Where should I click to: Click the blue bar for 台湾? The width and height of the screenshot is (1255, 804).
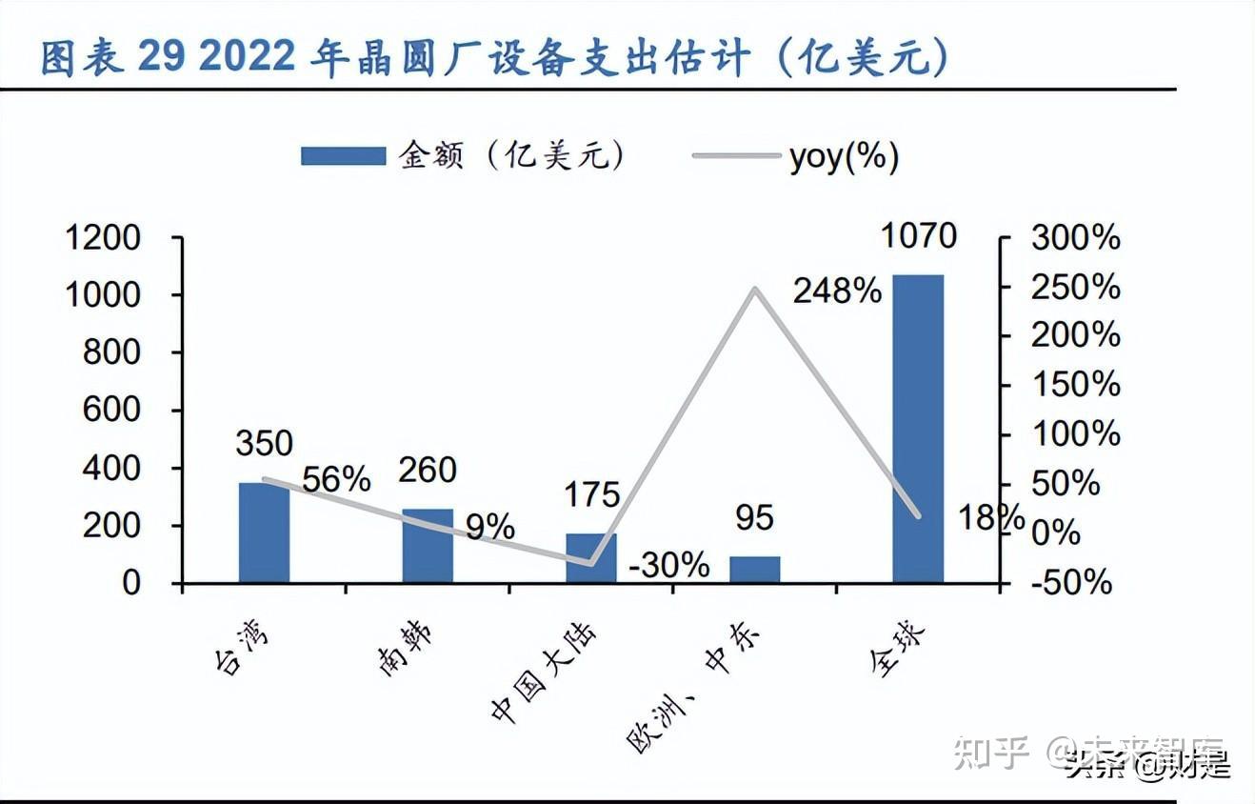tap(264, 533)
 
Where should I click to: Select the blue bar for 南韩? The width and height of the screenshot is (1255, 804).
tap(428, 546)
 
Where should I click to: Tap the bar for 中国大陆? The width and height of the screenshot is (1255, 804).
tap(590, 558)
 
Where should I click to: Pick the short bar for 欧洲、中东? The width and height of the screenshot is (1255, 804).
tap(754, 570)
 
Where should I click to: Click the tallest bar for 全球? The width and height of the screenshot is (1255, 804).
tap(918, 429)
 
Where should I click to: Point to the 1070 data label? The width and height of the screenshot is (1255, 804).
tap(918, 234)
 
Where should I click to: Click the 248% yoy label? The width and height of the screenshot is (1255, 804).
tap(837, 291)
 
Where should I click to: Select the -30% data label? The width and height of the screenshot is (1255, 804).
tap(669, 565)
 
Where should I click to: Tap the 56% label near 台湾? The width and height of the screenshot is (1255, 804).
tap(336, 480)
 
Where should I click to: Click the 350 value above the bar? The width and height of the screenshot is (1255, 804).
tap(265, 443)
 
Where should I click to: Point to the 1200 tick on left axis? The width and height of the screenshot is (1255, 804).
tap(102, 238)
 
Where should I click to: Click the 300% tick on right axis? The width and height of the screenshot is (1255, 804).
tap(1076, 238)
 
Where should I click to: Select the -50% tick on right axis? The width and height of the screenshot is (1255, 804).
tap(1071, 582)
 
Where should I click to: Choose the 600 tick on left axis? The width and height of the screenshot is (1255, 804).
tap(111, 411)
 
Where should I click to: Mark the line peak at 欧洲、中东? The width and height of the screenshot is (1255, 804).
tap(754, 288)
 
